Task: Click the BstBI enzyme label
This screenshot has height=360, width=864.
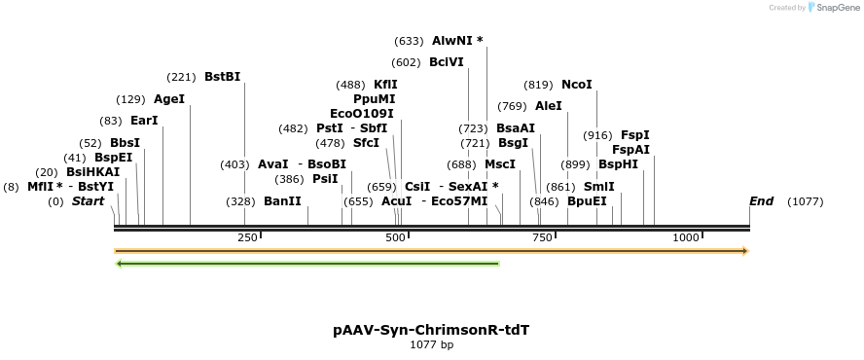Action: pyautogui.click(x=222, y=77)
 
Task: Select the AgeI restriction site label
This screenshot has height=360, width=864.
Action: pyautogui.click(x=169, y=99)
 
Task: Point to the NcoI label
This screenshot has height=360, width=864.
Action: pyautogui.click(x=577, y=85)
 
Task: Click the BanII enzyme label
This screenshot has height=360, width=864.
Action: pyautogui.click(x=282, y=201)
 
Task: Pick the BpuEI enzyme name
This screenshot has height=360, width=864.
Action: pyautogui.click(x=587, y=201)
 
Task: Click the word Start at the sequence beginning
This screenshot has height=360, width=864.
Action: pyautogui.click(x=88, y=201)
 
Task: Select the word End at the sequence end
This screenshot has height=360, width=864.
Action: pyautogui.click(x=761, y=201)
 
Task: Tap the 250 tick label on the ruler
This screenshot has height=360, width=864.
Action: pyautogui.click(x=247, y=237)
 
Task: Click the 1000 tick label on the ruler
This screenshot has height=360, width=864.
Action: pyautogui.click(x=686, y=237)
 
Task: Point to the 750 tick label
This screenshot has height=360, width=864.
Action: pyautogui.click(x=541, y=237)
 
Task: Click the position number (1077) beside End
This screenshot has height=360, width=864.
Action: pyautogui.click(x=806, y=201)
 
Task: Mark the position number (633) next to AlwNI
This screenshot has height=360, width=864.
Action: pyautogui.click(x=409, y=41)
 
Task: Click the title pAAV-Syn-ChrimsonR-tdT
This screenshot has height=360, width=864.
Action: pyautogui.click(x=431, y=330)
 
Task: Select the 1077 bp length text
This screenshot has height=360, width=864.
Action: pyautogui.click(x=431, y=344)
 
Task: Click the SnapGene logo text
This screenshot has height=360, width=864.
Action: pyautogui.click(x=835, y=8)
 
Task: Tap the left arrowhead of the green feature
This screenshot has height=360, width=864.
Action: pyautogui.click(x=119, y=263)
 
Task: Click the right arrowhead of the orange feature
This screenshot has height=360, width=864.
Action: pyautogui.click(x=744, y=251)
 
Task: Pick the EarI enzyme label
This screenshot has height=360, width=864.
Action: pyautogui.click(x=144, y=121)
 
